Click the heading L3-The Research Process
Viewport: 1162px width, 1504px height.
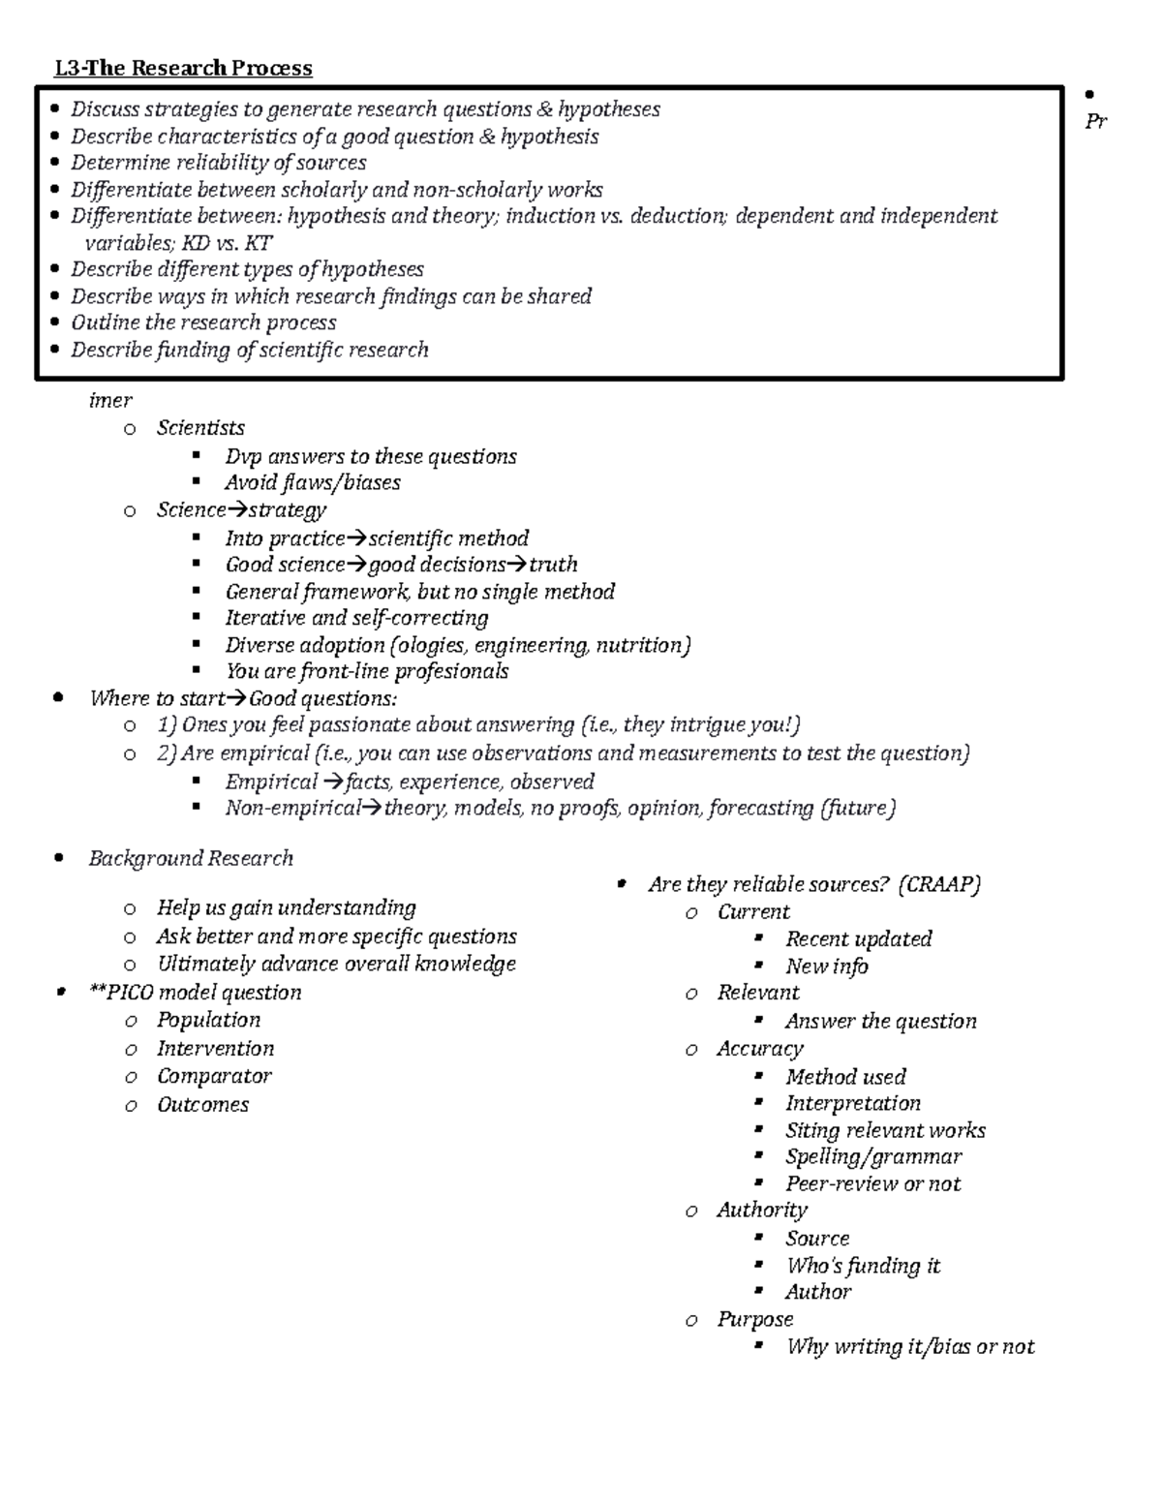click(183, 68)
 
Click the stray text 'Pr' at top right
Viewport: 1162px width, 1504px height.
click(1095, 122)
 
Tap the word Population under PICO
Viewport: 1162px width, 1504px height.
click(208, 1020)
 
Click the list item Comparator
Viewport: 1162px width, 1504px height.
click(214, 1076)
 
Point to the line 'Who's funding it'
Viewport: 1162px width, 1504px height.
click(863, 1266)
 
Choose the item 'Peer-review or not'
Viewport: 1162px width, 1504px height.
click(872, 1183)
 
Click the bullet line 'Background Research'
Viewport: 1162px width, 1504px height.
click(191, 858)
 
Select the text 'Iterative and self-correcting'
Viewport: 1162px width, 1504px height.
click(356, 618)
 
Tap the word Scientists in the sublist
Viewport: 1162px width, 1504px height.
click(200, 428)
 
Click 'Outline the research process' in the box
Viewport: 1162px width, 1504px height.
click(203, 322)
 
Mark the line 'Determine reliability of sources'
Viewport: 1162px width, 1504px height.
click(218, 163)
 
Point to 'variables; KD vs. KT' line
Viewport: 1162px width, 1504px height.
click(178, 243)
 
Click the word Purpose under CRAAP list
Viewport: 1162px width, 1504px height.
click(754, 1319)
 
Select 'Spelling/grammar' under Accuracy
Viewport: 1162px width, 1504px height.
click(873, 1156)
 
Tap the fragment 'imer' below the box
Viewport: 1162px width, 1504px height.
click(109, 401)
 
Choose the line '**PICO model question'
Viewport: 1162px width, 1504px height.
click(195, 993)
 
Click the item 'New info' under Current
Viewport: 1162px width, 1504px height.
click(826, 967)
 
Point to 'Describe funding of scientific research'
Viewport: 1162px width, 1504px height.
click(249, 350)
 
